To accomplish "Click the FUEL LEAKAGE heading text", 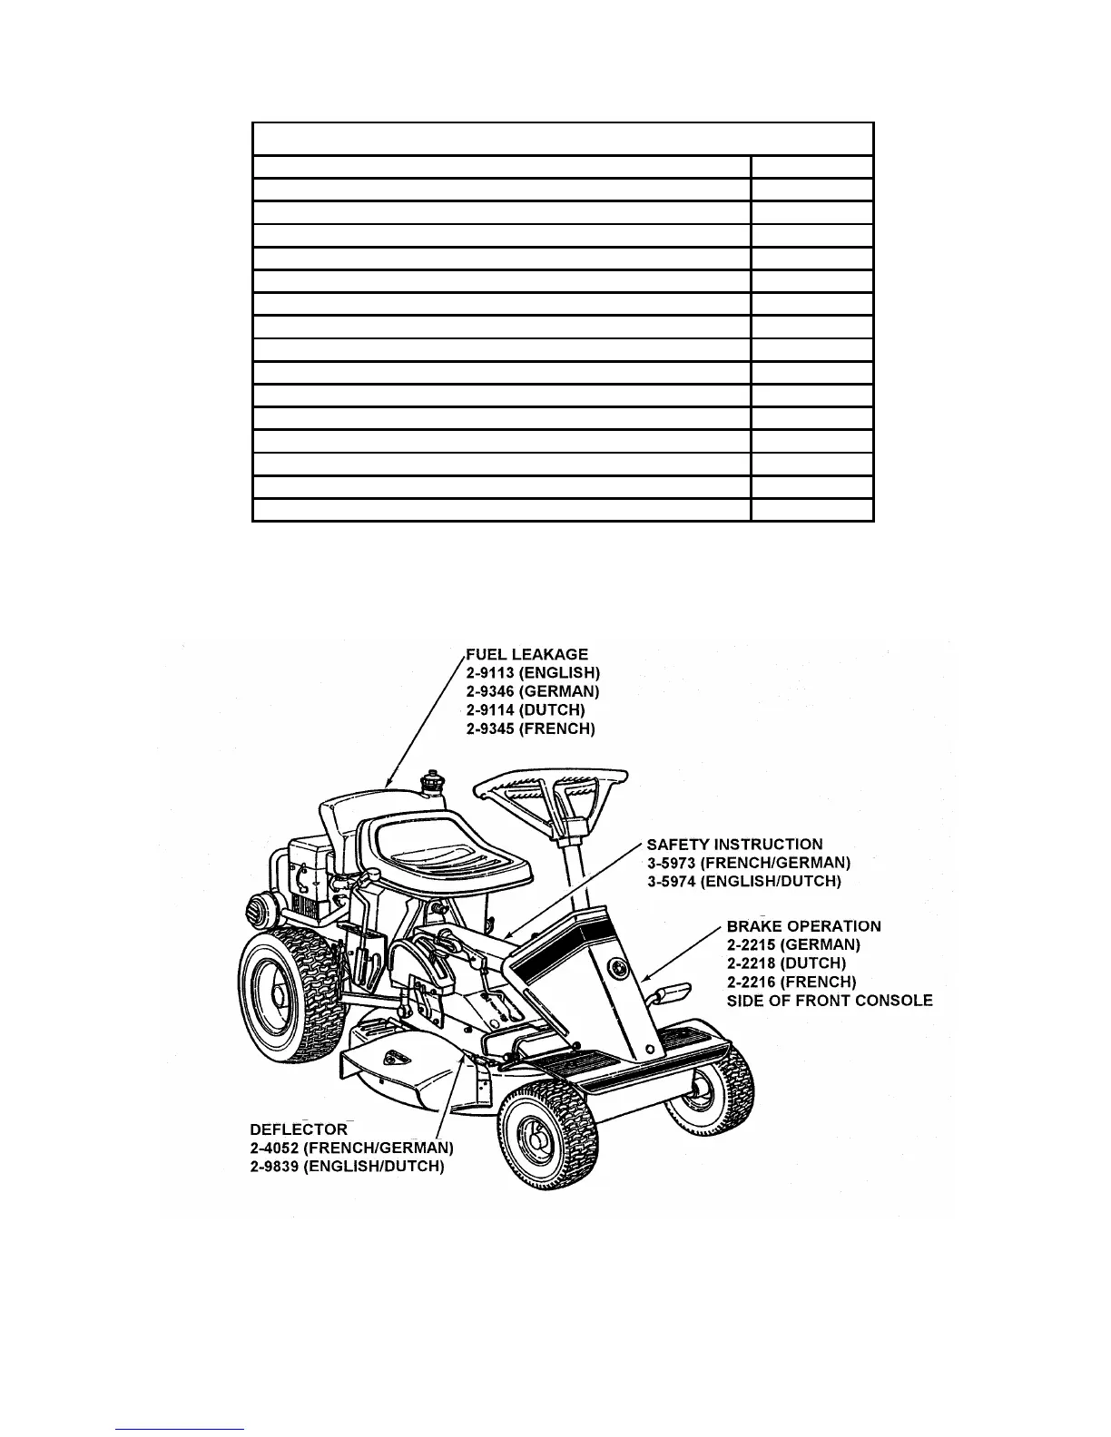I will [x=526, y=654].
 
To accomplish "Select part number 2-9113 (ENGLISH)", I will [x=533, y=673].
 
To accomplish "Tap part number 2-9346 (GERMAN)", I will [x=533, y=691].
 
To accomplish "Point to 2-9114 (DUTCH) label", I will [x=526, y=709].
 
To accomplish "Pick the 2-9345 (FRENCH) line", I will [x=531, y=728].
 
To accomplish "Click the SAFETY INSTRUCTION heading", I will [x=734, y=845].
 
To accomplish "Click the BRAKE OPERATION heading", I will [x=803, y=926].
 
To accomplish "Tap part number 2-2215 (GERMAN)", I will [x=793, y=944].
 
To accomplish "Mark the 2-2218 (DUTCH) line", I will [x=786, y=963].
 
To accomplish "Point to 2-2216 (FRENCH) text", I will [x=791, y=982].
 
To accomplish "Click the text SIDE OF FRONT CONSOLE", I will [x=830, y=1001].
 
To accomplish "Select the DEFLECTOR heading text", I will [x=299, y=1129].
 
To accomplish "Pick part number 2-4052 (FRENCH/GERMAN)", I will [x=351, y=1148].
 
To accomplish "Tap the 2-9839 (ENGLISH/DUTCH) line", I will [x=347, y=1167].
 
